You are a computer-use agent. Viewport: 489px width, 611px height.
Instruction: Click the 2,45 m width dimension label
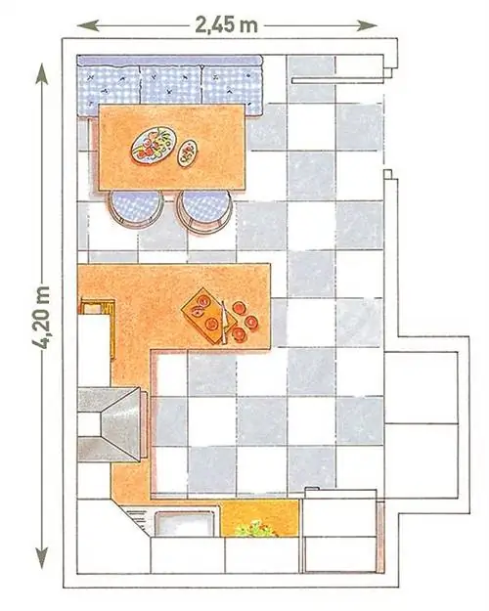[226, 25]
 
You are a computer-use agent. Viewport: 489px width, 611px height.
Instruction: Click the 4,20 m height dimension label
[41, 318]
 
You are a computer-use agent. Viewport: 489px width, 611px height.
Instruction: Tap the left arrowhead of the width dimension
[87, 26]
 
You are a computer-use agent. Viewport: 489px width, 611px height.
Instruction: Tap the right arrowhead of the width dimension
[368, 26]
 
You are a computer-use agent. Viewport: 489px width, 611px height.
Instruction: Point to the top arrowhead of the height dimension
[41, 73]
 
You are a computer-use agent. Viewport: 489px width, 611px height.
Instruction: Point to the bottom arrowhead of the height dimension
[41, 558]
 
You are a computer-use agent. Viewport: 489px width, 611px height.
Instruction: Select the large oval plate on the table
[154, 145]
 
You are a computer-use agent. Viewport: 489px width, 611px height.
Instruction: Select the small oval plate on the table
[187, 153]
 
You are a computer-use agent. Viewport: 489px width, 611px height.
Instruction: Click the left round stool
[136, 209]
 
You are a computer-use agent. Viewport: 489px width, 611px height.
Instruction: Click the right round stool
[204, 211]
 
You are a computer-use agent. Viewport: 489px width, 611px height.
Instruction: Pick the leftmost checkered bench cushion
[109, 90]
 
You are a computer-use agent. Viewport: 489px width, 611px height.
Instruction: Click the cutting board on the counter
[206, 316]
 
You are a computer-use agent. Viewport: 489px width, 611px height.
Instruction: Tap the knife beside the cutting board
[224, 323]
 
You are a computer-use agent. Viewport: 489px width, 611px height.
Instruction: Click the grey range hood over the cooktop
[112, 424]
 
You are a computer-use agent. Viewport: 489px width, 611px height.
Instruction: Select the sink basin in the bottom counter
[185, 524]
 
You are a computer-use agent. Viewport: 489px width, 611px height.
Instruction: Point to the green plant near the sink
[255, 529]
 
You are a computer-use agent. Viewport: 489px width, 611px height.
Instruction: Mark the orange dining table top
[171, 148]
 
